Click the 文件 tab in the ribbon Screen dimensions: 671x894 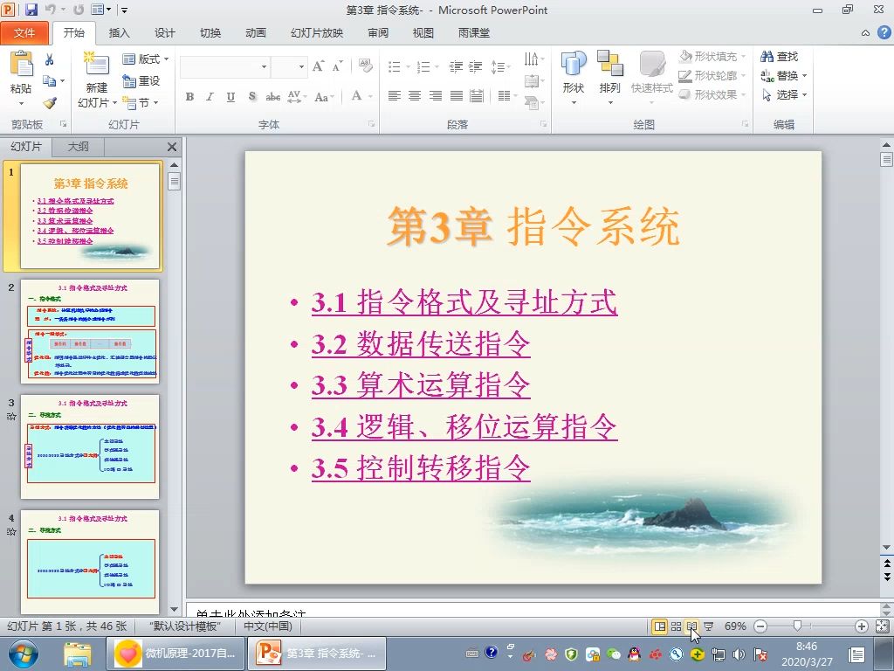24,33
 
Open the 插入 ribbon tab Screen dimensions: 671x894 119,33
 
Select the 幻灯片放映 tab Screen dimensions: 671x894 317,33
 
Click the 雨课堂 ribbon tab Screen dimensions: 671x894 474,33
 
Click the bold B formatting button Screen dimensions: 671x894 189,97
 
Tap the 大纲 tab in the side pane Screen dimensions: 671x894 79,147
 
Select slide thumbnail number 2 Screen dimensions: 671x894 90,331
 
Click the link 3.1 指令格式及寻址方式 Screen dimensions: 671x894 464,302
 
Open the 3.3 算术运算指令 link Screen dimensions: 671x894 421,384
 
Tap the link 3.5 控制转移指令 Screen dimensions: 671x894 421,468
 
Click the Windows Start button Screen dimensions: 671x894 23,654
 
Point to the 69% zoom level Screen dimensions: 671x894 735,626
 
